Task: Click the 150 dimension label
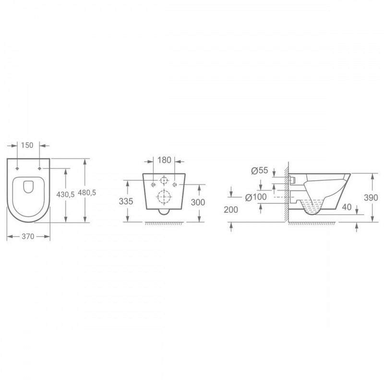tap(27, 145)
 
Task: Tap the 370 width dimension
tap(28, 236)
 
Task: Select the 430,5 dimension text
tap(65, 194)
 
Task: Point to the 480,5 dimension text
tap(87, 193)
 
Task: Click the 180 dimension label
tap(164, 160)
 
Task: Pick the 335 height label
tap(126, 201)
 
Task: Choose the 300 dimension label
tap(198, 202)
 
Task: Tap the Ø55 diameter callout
tap(260, 170)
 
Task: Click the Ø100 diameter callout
tap(256, 197)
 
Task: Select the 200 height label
tap(231, 210)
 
